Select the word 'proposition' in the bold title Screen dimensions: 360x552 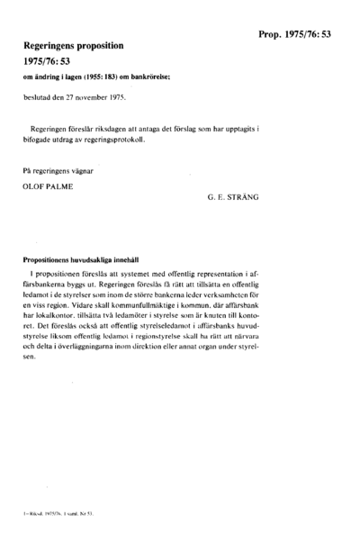[105, 44]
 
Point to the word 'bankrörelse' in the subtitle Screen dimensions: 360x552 [168, 77]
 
